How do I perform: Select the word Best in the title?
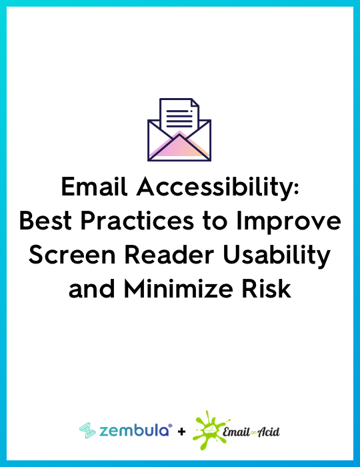pos(45,221)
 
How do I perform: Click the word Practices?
pos(137,221)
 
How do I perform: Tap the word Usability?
pos(277,257)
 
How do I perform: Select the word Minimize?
pos(178,289)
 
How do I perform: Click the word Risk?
pos(266,289)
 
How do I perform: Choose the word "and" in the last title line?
pos(91,289)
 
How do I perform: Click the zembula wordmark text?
pos(136,430)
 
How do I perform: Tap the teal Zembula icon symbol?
pos(87,431)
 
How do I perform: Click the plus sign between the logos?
pos(181,432)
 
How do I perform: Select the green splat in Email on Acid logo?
pos(209,430)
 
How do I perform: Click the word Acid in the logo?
pos(269,432)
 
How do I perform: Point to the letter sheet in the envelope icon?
pos(179,115)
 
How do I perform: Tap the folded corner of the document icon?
pos(195,103)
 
